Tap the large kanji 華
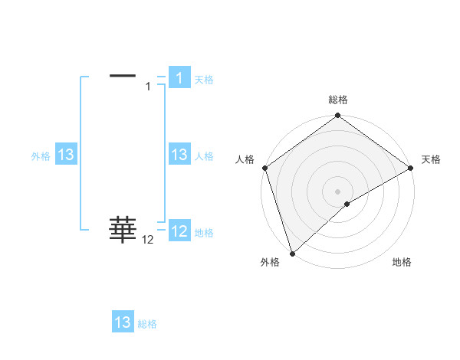[x=123, y=229]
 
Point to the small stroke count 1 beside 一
[x=149, y=87]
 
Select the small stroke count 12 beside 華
[x=148, y=240]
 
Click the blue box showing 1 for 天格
[x=179, y=78]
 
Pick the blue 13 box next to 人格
[x=179, y=155]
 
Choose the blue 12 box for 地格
[x=179, y=231]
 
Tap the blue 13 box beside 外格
[x=65, y=155]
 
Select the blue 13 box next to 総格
[x=123, y=322]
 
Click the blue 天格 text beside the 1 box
[x=204, y=79]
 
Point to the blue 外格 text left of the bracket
[x=41, y=155]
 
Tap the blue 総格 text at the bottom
[x=147, y=323]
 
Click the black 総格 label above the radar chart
[x=338, y=100]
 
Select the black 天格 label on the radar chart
[x=432, y=159]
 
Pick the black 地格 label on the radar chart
[x=402, y=262]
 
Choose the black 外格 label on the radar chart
[x=270, y=262]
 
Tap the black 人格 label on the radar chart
[x=245, y=159]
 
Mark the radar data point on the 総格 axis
[x=338, y=116]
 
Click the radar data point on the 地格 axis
[x=347, y=204]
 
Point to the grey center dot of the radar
[x=338, y=191]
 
